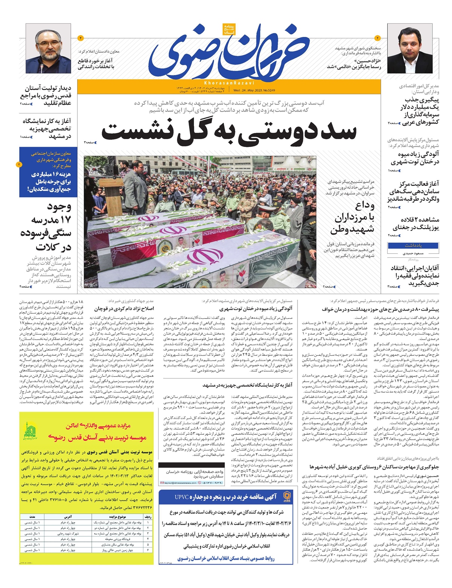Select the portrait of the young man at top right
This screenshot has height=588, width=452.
tap(410, 48)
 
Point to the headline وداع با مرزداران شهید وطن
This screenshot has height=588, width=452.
tap(354, 217)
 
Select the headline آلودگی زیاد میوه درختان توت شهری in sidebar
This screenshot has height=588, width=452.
tap(414, 158)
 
